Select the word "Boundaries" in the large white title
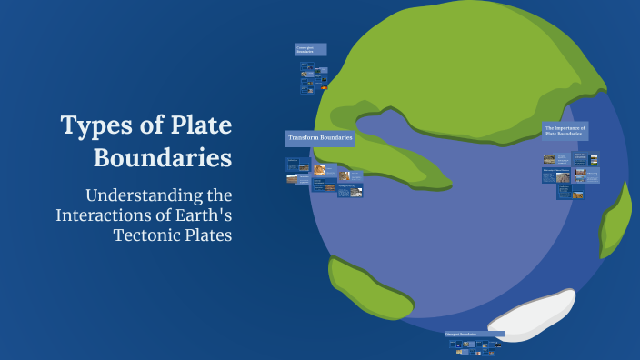pos(163,157)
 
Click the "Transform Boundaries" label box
pos(319,138)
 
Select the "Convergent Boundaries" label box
pos(310,49)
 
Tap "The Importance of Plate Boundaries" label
pos(565,131)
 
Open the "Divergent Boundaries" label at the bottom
pos(475,334)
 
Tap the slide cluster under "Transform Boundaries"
pos(324,176)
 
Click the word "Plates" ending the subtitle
pos(207,235)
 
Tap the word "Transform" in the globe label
pos(305,138)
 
